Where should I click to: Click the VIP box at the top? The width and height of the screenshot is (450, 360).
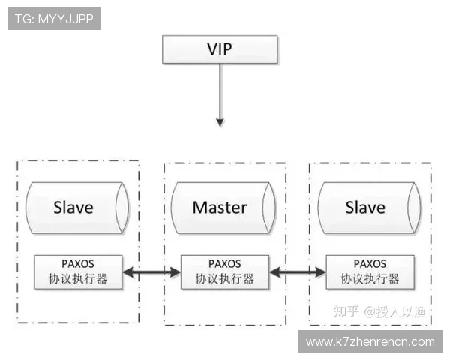(220, 49)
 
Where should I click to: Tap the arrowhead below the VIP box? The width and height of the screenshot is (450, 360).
(220, 122)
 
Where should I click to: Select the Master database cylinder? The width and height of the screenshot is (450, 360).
(223, 208)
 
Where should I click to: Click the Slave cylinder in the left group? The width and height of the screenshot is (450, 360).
(77, 208)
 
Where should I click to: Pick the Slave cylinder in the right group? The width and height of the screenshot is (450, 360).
(370, 208)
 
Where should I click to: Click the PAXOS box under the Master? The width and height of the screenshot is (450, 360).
(225, 271)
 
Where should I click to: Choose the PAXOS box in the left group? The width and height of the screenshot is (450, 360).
(78, 271)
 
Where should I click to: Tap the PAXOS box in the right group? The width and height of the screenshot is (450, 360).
(370, 271)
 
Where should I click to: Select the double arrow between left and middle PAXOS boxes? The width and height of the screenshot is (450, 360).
(151, 271)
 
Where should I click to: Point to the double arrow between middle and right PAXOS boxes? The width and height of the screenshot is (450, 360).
(298, 271)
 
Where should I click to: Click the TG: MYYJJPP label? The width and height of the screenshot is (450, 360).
(54, 19)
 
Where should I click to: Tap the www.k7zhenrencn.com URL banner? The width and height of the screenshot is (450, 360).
(370, 341)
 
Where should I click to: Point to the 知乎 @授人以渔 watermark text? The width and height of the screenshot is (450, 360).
(379, 311)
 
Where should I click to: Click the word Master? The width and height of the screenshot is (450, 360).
(220, 208)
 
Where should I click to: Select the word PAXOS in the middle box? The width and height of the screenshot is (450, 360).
(225, 264)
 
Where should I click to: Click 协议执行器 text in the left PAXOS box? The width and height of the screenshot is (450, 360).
(78, 279)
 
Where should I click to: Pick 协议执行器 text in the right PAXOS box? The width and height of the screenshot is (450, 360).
(370, 279)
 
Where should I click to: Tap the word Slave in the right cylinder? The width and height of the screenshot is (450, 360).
(365, 208)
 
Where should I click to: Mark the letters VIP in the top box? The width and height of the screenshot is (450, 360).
(220, 49)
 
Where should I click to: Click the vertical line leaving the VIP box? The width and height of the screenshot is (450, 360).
(220, 91)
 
